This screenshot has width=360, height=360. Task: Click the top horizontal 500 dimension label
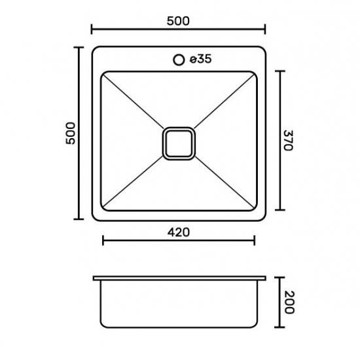[x=178, y=21]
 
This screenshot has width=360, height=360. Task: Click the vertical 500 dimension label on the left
[x=71, y=134]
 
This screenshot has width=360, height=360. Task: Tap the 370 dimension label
[x=289, y=140]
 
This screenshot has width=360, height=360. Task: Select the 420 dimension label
[x=179, y=232]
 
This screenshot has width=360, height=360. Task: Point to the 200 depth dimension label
[x=289, y=302]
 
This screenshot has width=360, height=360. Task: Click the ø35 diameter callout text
[x=200, y=59]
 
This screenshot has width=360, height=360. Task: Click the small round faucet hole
[x=179, y=60]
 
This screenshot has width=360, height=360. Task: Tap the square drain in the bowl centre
[x=179, y=143]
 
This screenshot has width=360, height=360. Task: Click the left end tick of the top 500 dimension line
[x=92, y=29]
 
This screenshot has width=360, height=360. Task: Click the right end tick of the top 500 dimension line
[x=265, y=29]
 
